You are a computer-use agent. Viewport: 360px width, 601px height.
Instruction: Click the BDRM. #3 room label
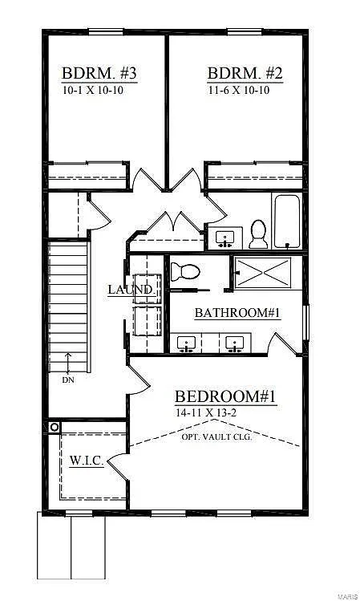click(x=99, y=75)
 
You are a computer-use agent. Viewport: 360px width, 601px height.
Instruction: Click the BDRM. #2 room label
click(x=245, y=75)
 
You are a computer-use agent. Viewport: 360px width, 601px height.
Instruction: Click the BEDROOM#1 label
click(x=225, y=396)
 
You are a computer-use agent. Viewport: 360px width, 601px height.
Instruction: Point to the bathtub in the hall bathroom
click(x=287, y=221)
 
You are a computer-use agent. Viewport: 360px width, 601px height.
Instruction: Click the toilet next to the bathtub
click(x=258, y=233)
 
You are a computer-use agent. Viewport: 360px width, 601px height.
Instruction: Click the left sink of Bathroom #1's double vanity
click(x=187, y=344)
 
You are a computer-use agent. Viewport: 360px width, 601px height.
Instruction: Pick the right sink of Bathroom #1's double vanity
click(x=235, y=344)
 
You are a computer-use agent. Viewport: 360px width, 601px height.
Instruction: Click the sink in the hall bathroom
click(x=224, y=238)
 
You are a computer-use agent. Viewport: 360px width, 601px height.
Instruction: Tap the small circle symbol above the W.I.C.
click(x=55, y=427)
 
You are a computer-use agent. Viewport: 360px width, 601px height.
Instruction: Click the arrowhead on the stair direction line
click(x=69, y=355)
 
